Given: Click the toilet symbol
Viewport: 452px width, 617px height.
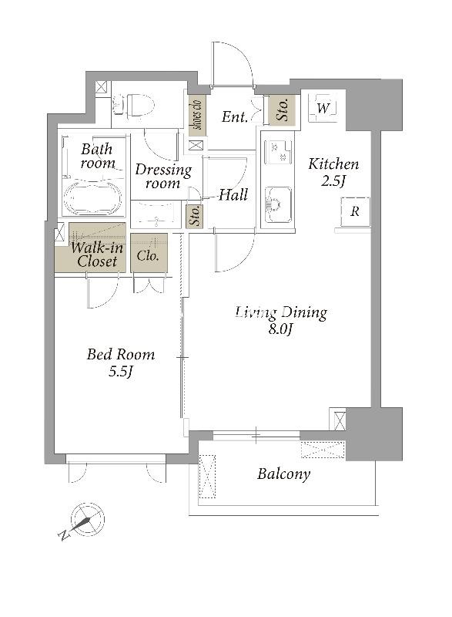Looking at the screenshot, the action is pos(133,105).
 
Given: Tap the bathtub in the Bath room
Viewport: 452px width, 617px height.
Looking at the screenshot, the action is pos(93,199).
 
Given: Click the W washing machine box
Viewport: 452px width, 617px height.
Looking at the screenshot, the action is pos(322,108).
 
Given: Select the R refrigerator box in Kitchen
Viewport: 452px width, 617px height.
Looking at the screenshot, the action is pos(355,211).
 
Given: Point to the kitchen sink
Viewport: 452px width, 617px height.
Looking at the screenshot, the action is pos(278,204).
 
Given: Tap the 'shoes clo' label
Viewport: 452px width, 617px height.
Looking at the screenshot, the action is pos(197,114).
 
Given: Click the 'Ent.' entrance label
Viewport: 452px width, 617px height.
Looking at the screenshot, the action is pos(234,116).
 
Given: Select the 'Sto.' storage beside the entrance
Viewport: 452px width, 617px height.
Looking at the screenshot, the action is pos(282,110).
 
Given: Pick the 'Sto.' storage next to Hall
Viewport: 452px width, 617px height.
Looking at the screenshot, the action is pos(194,216).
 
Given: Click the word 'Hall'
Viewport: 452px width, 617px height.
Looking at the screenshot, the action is pos(233,195).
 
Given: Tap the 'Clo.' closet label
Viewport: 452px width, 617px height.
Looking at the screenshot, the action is pos(148,255).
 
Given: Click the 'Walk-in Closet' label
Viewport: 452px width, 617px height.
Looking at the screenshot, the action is pos(96,255).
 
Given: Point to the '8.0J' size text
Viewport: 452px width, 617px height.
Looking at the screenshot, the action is pos(280,329).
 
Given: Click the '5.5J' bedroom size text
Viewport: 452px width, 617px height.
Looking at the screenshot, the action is pos(121,372).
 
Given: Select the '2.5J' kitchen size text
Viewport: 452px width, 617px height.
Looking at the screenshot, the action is pos(333,180).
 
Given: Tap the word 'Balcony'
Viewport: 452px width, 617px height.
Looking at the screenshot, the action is pos(283,474).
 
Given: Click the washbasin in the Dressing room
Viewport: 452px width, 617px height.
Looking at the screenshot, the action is pos(156,215).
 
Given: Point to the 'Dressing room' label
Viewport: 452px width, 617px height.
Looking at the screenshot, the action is pos(163,176).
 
